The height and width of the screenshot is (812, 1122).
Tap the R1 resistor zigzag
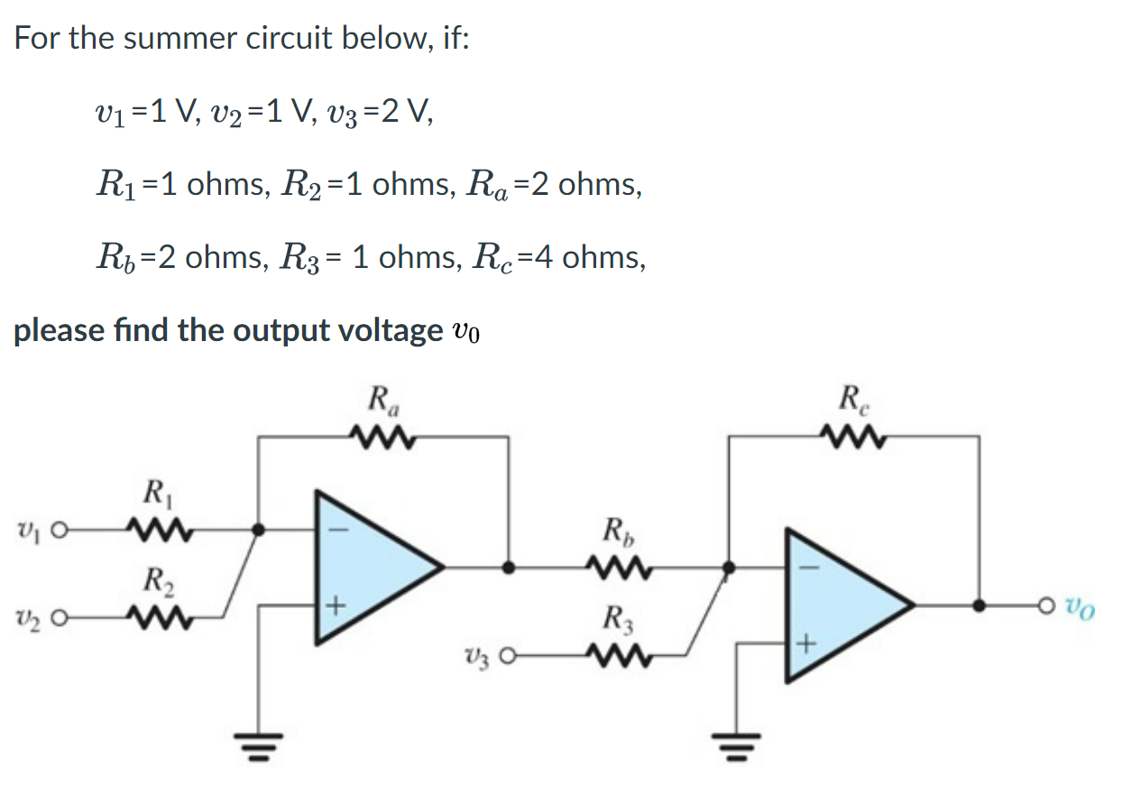pyautogui.click(x=158, y=526)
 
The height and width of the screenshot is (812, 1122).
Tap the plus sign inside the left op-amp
pyautogui.click(x=332, y=606)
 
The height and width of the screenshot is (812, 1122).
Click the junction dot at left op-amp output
pyautogui.click(x=509, y=567)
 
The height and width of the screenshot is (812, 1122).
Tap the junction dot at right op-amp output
pyautogui.click(x=979, y=606)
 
